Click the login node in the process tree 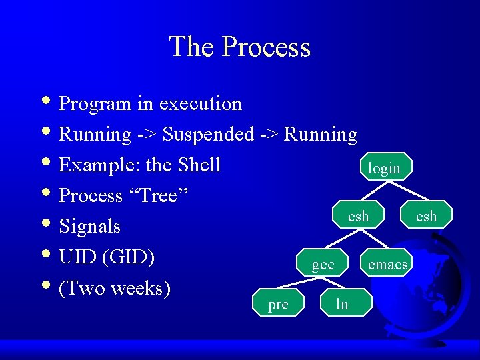(385, 167)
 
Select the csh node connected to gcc (359, 215)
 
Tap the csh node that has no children (426, 215)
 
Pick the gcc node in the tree (323, 264)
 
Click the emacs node (387, 264)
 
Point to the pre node (278, 304)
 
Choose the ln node (342, 304)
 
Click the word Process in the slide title (266, 47)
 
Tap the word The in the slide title (192, 47)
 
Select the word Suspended (208, 135)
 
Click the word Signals (90, 227)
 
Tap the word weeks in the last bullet (140, 288)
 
